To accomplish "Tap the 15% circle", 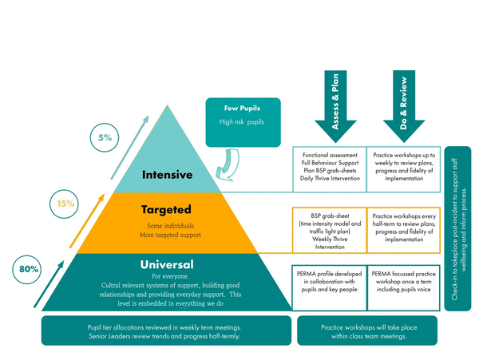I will coord(65,204).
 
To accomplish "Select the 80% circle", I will coord(29,270).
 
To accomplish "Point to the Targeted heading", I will coord(166,210).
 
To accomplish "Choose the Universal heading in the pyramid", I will coord(166,264).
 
